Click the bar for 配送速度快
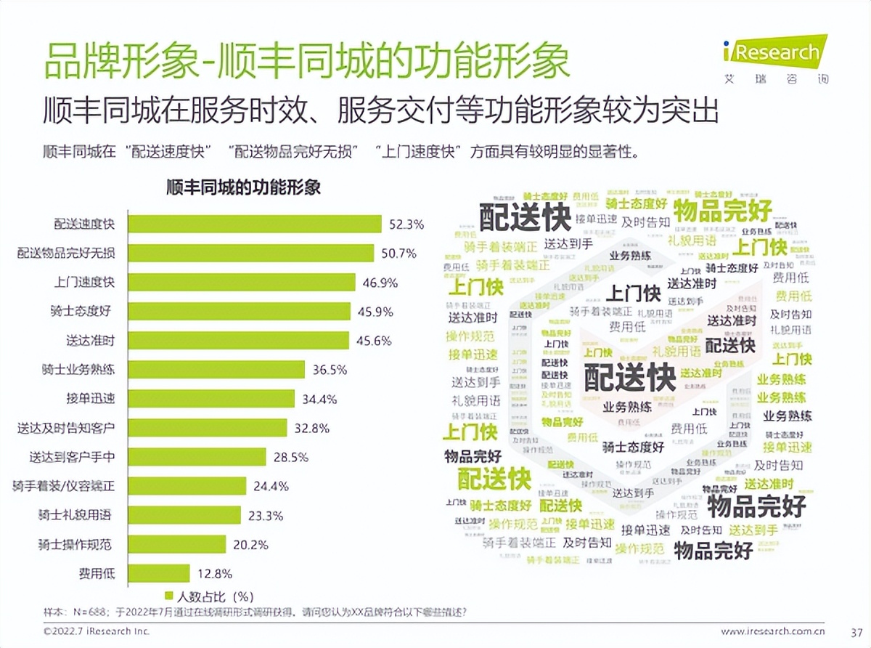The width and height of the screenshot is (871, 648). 255,224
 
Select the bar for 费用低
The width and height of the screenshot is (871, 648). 159,573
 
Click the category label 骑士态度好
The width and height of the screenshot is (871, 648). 82,311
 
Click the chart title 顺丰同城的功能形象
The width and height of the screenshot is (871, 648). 243,187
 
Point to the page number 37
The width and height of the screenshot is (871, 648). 855,631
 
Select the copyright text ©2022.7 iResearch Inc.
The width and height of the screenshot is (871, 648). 96,631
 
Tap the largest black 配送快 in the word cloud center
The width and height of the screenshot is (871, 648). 629,376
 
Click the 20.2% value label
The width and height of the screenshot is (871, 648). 250,544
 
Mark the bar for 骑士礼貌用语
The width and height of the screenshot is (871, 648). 184,515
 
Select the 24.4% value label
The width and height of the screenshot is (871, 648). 271,486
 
